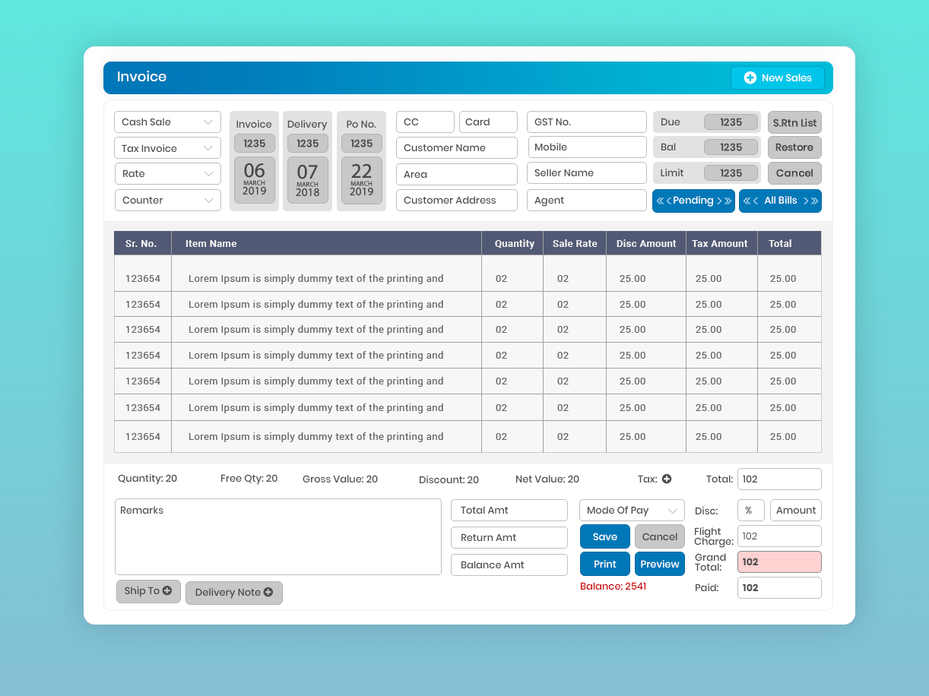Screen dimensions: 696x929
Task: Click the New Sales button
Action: (777, 78)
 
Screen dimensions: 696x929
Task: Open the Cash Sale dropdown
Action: (167, 122)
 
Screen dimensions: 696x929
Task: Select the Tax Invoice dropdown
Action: (167, 148)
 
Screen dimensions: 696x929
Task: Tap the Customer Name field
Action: (456, 147)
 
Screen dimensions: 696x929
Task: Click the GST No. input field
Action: (586, 122)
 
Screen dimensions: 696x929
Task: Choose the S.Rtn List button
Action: (794, 122)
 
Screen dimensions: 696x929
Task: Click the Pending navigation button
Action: (693, 201)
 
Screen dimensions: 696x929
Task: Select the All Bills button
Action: (780, 201)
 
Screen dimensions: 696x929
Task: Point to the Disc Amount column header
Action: (646, 244)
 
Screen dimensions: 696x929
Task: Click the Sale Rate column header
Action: (575, 244)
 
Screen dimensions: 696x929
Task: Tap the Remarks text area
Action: (277, 536)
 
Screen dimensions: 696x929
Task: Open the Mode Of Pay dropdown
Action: (632, 511)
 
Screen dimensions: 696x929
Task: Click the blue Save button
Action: (604, 536)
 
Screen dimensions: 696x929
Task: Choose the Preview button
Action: (659, 564)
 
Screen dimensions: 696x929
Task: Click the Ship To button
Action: (148, 591)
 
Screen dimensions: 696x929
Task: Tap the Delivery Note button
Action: (233, 593)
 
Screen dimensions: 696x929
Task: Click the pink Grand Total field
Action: (779, 562)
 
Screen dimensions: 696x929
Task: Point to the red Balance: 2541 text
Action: (613, 587)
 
